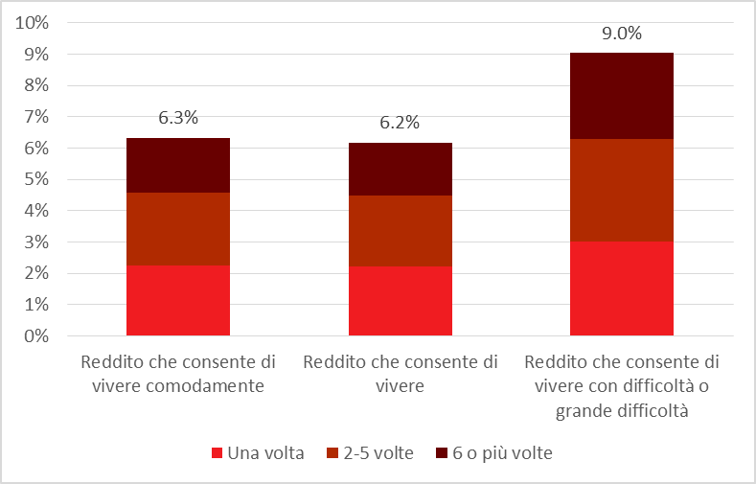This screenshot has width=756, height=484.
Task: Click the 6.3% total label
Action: tap(178, 119)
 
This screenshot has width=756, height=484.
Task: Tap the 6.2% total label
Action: tap(401, 123)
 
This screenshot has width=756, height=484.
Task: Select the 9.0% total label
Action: tap(622, 33)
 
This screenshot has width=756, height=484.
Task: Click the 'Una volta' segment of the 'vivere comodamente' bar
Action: tap(178, 300)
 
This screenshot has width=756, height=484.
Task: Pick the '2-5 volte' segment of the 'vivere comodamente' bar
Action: tap(178, 229)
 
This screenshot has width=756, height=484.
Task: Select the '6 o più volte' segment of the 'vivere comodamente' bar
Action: tap(178, 165)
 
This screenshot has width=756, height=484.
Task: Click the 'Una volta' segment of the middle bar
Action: tap(401, 301)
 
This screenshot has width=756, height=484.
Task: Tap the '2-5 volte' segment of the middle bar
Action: tap(401, 230)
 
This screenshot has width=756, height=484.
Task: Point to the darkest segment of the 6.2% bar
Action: tap(401, 169)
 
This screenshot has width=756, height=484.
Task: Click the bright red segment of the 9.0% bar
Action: tap(622, 288)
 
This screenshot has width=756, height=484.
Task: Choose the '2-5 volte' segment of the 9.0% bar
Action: tap(622, 190)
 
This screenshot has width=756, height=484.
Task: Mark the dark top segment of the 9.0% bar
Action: tap(622, 96)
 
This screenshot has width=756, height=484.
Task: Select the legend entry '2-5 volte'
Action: tap(370, 452)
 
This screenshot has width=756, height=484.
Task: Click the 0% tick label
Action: tap(36, 336)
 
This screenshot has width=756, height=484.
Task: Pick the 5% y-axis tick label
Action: tap(36, 179)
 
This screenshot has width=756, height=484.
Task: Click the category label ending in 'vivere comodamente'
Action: tap(179, 375)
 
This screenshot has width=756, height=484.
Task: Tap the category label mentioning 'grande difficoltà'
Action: tap(622, 387)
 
